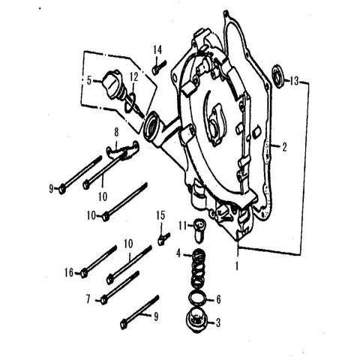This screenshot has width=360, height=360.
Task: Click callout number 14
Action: [x=157, y=49]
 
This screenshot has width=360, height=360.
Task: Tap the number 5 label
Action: [x=89, y=79]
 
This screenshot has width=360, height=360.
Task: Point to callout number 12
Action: [x=133, y=76]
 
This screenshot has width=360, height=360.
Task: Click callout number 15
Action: [x=159, y=217]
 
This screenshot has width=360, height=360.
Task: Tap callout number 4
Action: [x=178, y=254]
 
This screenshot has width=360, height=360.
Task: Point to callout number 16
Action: [x=69, y=273]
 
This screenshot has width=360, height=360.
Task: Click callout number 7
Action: [x=88, y=299]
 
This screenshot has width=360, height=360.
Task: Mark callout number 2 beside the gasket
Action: [x=284, y=147]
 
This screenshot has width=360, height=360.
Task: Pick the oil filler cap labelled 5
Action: [x=114, y=80]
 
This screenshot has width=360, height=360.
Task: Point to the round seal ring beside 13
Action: [x=280, y=73]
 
